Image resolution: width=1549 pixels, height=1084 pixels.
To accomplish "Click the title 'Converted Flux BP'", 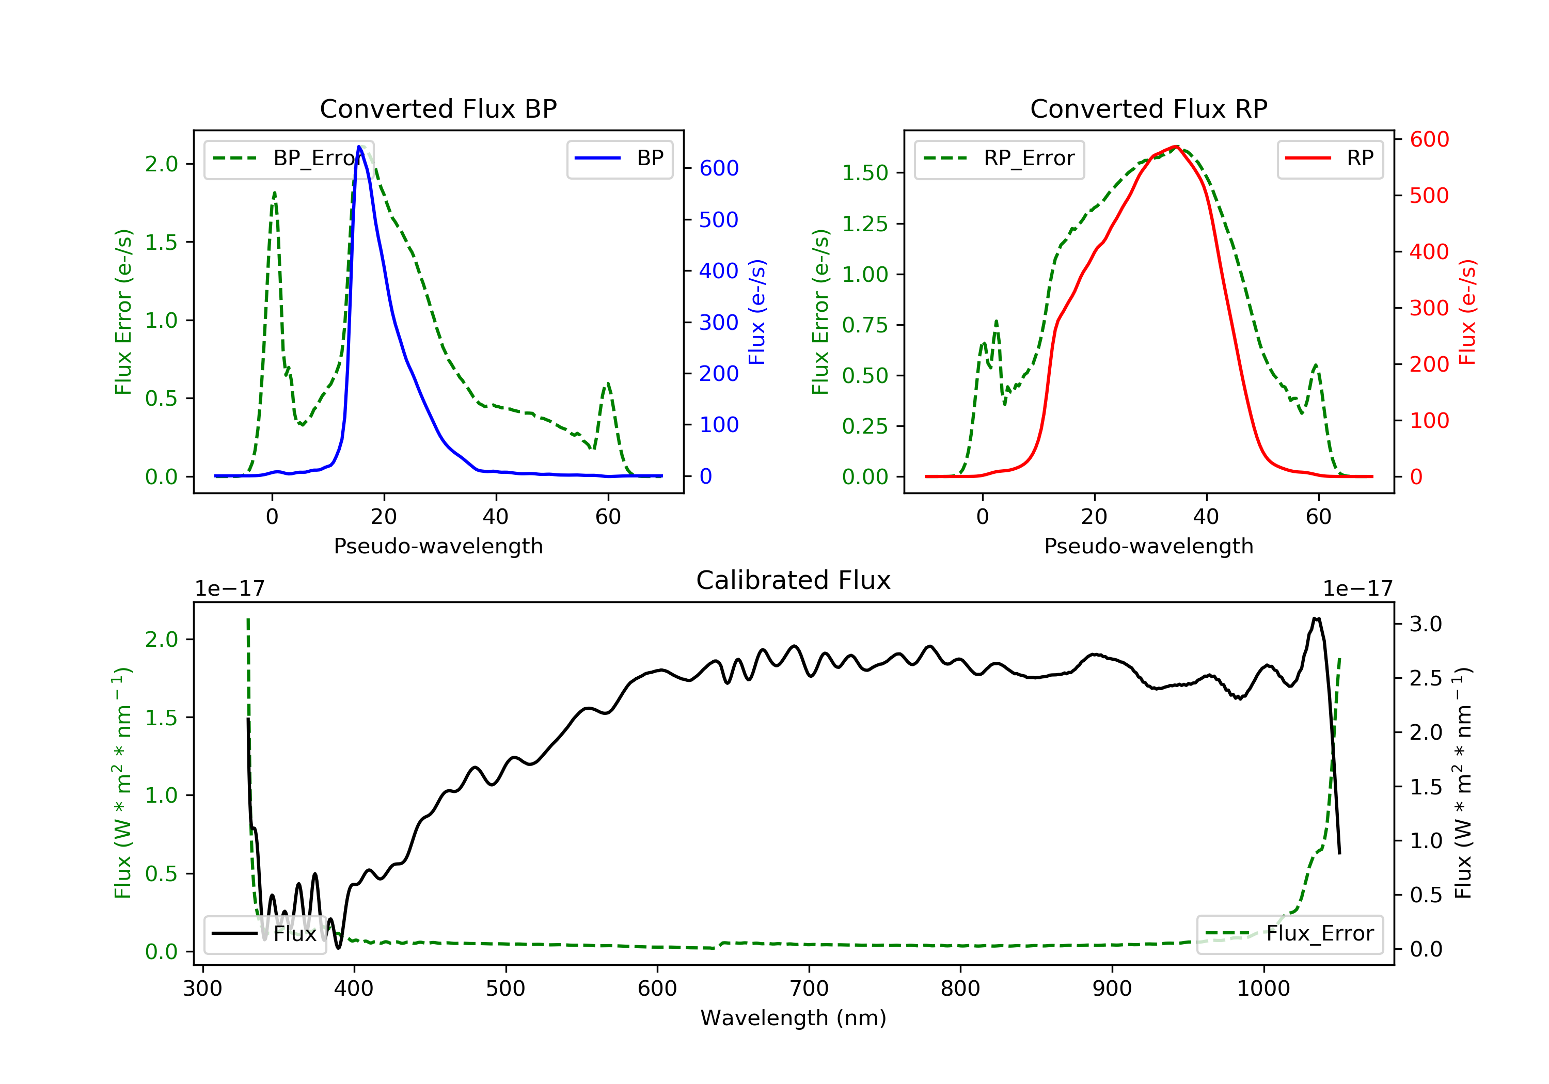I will point(438,108).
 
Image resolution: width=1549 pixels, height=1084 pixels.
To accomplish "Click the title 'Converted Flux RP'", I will point(1148,108).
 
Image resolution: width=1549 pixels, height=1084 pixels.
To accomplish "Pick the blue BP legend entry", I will point(619,158).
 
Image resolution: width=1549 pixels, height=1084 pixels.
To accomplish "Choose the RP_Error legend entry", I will point(999,159).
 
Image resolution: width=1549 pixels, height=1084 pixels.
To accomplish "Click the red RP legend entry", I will point(1330,158).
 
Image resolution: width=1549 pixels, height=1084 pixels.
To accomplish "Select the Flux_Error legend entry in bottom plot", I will point(1289,934).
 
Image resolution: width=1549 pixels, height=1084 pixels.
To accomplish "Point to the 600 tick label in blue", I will point(719,168).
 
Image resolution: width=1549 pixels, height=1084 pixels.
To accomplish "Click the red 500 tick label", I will point(1429,196).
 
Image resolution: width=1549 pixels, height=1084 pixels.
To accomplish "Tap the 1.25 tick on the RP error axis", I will point(864,224).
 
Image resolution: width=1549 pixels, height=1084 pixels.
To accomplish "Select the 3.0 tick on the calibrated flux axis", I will point(1426,624).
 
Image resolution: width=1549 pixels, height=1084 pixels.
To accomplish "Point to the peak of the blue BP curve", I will point(359,147).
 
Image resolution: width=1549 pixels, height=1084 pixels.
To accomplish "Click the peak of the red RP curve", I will point(1176,147).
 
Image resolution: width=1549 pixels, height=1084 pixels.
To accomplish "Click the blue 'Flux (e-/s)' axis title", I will point(757,312).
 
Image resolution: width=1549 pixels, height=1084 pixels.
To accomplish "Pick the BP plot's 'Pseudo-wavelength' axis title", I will point(438,546).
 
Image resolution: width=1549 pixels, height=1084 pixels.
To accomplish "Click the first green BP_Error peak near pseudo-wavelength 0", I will point(275,193).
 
